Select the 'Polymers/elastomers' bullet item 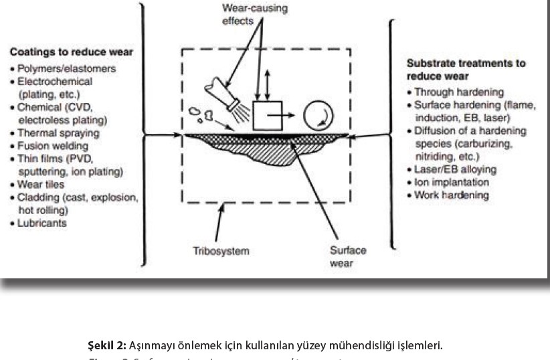[x=67, y=68]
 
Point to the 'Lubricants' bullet [x=42, y=223]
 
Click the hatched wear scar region [x=266, y=149]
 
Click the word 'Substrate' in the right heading [x=429, y=63]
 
